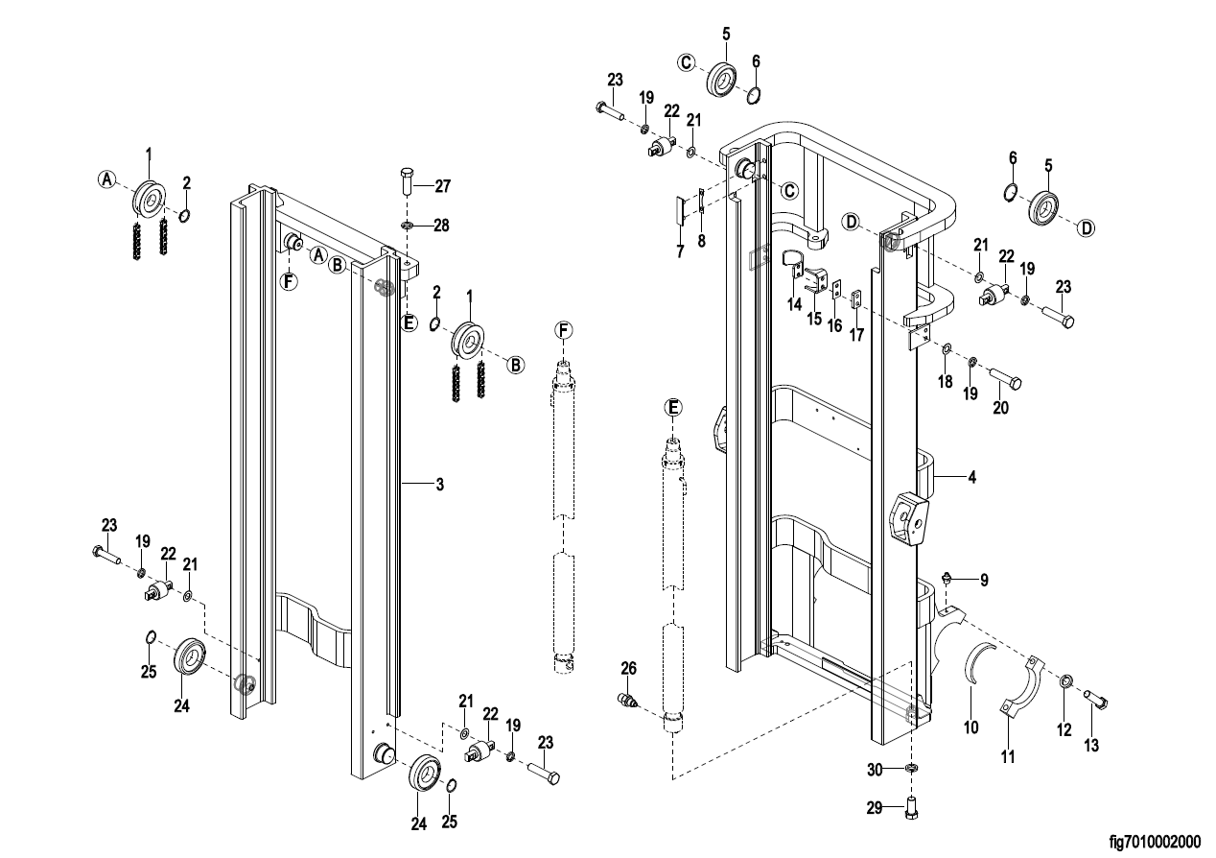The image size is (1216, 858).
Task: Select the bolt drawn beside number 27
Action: click(x=406, y=180)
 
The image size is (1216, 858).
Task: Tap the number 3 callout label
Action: click(x=439, y=486)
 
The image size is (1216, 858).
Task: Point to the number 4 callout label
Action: click(x=971, y=476)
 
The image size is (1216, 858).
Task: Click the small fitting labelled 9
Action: click(x=948, y=578)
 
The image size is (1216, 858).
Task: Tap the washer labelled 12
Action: click(x=1065, y=682)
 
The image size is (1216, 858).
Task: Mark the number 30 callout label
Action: click(x=875, y=770)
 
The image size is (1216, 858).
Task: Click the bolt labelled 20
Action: click(x=1005, y=376)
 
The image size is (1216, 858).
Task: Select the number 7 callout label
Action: click(x=680, y=251)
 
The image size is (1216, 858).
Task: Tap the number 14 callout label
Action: click(x=794, y=303)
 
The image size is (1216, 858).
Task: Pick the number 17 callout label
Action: click(x=856, y=337)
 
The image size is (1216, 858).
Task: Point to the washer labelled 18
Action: click(x=946, y=349)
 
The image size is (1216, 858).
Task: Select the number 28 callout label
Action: click(x=441, y=226)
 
